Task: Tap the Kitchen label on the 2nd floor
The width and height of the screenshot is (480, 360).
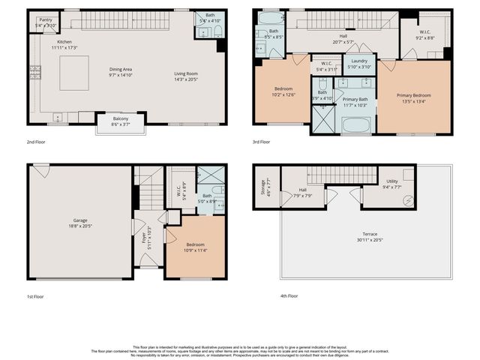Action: [64, 42]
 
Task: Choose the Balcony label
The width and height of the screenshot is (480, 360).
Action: [120, 118]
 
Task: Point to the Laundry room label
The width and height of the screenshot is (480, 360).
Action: [358, 60]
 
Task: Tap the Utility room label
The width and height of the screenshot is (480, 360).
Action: [392, 181]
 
